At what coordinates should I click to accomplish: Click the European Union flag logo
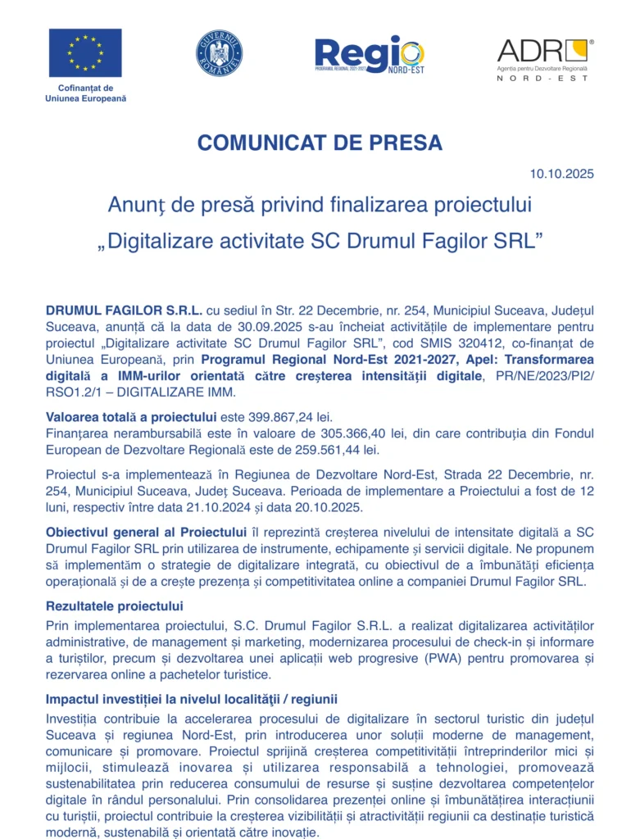[85, 52]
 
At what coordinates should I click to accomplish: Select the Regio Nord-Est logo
[370, 54]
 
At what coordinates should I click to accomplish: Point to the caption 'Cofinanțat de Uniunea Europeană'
[85, 93]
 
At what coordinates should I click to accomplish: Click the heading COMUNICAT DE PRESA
[320, 143]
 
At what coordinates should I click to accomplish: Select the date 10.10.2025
[561, 174]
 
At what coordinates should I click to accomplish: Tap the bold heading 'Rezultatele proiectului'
[115, 606]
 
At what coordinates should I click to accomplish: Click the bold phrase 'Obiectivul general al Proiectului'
[140, 533]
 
